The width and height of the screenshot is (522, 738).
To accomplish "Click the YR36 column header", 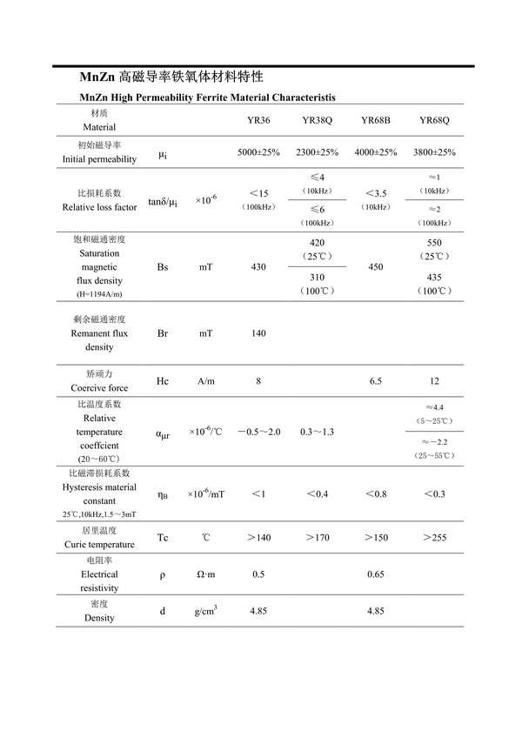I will pyautogui.click(x=258, y=120).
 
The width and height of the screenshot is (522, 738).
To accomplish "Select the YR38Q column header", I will pyautogui.click(x=318, y=120).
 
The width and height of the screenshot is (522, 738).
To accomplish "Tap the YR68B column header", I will pyautogui.click(x=376, y=120).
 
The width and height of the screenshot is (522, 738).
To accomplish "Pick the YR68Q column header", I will pyautogui.click(x=434, y=120).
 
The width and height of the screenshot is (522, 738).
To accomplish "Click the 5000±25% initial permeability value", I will pyautogui.click(x=258, y=152).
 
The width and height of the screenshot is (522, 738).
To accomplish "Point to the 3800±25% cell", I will pyautogui.click(x=434, y=152).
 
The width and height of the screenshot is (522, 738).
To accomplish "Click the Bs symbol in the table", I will pyautogui.click(x=163, y=267).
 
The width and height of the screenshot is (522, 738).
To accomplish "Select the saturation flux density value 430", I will pyautogui.click(x=258, y=267).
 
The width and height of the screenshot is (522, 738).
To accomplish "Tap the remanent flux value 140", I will pyautogui.click(x=258, y=333).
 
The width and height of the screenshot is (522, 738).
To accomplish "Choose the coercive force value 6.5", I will pyautogui.click(x=376, y=381).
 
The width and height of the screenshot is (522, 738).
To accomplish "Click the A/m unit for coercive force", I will pyautogui.click(x=205, y=381).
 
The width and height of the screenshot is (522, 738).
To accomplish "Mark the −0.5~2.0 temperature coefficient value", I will pyautogui.click(x=258, y=433).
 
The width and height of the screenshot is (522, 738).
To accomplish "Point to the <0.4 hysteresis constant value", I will pyautogui.click(x=318, y=494).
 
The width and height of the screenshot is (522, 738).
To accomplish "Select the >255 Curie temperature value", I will pyautogui.click(x=434, y=538).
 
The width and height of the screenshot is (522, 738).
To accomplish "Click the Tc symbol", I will pyautogui.click(x=163, y=538).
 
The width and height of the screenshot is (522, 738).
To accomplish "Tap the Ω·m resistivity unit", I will pyautogui.click(x=205, y=574).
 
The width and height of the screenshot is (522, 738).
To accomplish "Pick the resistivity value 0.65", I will pyautogui.click(x=376, y=574).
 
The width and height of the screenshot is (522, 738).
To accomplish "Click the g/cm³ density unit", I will pyautogui.click(x=205, y=611).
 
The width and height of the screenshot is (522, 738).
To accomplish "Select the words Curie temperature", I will pyautogui.click(x=99, y=544).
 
